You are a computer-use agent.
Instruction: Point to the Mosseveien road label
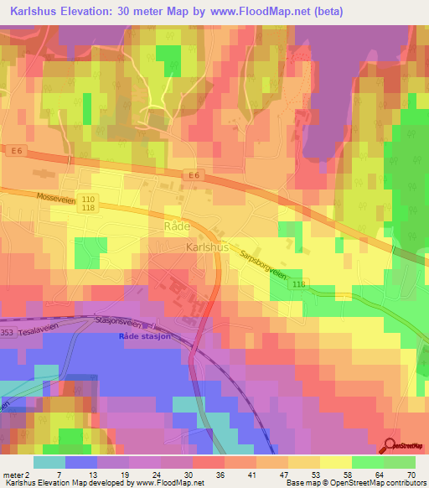click(58, 200)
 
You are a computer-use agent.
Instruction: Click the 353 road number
click(8, 333)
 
